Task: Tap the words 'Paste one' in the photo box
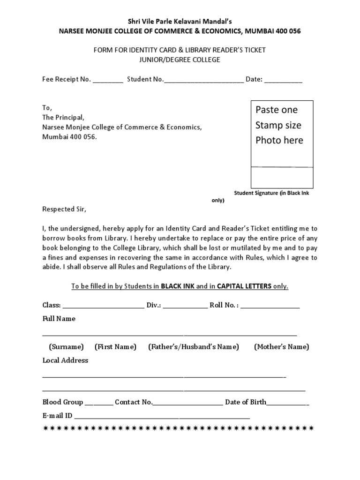[x=277, y=110]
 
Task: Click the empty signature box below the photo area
[x=282, y=177]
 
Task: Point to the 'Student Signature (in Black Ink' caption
[x=271, y=193]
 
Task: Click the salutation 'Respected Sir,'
[x=65, y=209]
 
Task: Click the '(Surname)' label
[x=66, y=347]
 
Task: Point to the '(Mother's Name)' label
[x=281, y=347]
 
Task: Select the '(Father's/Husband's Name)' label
[x=194, y=347]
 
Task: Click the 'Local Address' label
[x=65, y=360]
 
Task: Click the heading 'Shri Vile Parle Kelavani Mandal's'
[x=180, y=21]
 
